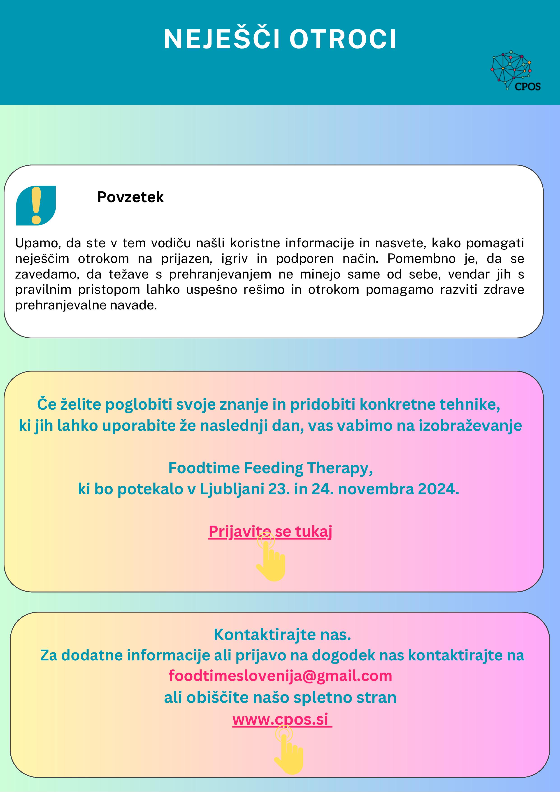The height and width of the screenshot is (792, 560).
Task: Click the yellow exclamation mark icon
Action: click(x=36, y=206)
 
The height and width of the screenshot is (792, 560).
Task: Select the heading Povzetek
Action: click(x=130, y=197)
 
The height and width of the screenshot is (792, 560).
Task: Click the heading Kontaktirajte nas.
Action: click(x=282, y=634)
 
